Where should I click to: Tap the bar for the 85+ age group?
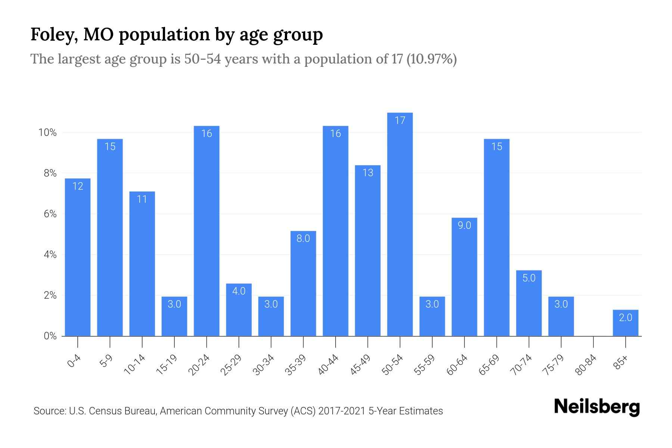click(x=625, y=323)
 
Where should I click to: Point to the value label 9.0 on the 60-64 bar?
click(x=464, y=225)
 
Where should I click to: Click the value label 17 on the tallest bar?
click(x=400, y=120)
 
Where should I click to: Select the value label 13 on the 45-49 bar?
click(x=368, y=172)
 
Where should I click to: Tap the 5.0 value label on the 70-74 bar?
click(x=529, y=278)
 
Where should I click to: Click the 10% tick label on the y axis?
click(x=47, y=133)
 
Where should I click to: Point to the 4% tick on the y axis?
click(x=50, y=255)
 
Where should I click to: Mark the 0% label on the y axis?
click(x=50, y=336)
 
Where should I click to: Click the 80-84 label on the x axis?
click(x=586, y=365)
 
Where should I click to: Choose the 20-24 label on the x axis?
click(x=199, y=365)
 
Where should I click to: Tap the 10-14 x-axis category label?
click(x=135, y=365)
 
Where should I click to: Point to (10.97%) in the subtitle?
click(x=431, y=59)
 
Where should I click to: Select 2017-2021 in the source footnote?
click(x=342, y=411)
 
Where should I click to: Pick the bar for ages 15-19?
click(x=174, y=317)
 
